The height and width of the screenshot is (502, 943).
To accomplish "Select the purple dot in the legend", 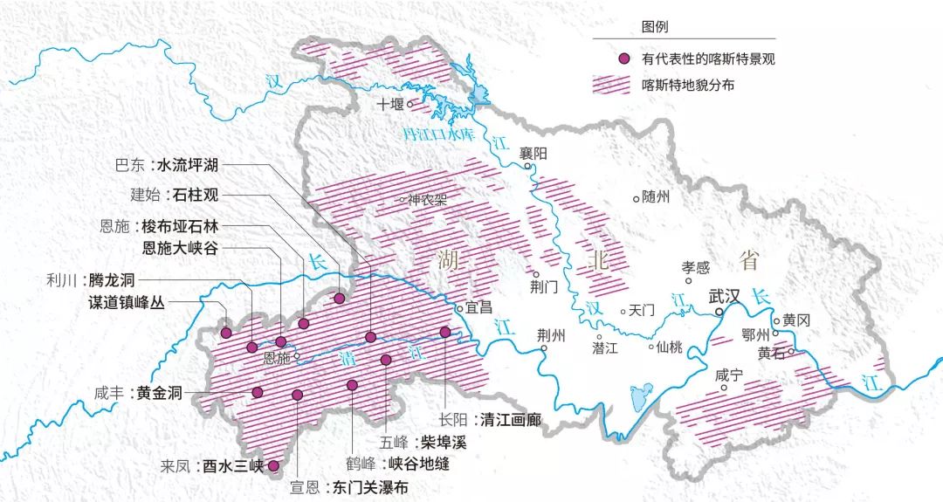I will (x=623, y=59).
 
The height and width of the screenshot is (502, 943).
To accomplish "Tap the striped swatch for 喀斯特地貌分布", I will (x=623, y=85).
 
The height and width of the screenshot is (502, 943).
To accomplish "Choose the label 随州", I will (x=656, y=196).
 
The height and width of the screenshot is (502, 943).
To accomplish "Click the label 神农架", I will (x=429, y=199).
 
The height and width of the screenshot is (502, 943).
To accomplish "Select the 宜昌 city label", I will (x=479, y=307).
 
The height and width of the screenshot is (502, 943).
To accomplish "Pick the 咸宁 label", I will (x=728, y=375).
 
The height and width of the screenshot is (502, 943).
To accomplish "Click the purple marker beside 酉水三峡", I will (x=273, y=466).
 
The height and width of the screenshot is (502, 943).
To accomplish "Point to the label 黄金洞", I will (x=162, y=393).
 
